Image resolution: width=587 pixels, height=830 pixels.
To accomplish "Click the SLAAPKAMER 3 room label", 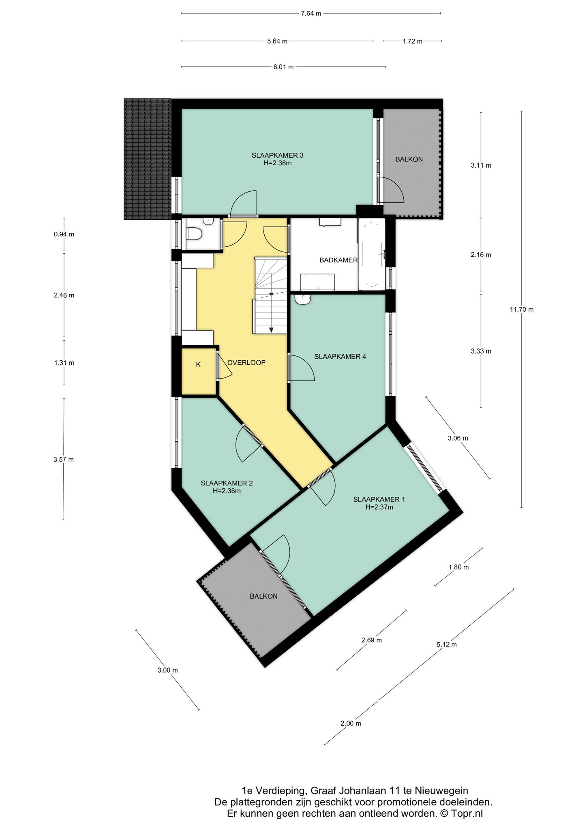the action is [278, 155].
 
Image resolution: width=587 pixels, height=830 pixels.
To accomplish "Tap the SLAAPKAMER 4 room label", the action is [340, 357].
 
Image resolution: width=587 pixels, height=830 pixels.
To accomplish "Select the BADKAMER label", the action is [338, 260].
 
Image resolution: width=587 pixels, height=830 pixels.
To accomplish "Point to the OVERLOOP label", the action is [246, 363].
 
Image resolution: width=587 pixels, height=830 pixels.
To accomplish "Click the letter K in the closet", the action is [198, 365].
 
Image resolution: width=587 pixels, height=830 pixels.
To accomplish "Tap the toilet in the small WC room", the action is [195, 234].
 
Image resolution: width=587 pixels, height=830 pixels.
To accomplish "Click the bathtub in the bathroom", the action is [371, 254].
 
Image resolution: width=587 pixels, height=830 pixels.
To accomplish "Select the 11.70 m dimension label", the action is [522, 310].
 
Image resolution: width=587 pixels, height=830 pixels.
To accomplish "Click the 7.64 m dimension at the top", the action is [311, 13].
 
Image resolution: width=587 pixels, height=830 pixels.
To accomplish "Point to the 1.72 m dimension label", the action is [412, 41].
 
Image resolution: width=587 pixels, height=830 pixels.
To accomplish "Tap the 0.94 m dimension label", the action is [64, 234].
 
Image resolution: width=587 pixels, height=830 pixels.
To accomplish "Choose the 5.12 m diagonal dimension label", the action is [447, 644].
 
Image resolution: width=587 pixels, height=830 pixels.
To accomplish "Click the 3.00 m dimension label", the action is [168, 670].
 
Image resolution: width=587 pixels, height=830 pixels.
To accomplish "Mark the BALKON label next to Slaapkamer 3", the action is [409, 159].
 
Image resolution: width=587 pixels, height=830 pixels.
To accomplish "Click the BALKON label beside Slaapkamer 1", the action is [264, 596].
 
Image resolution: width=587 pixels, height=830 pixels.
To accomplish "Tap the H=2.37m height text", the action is [379, 507].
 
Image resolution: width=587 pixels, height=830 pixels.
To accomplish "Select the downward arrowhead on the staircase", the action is [271, 329].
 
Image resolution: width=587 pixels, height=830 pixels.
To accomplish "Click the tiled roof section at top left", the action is [148, 159].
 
